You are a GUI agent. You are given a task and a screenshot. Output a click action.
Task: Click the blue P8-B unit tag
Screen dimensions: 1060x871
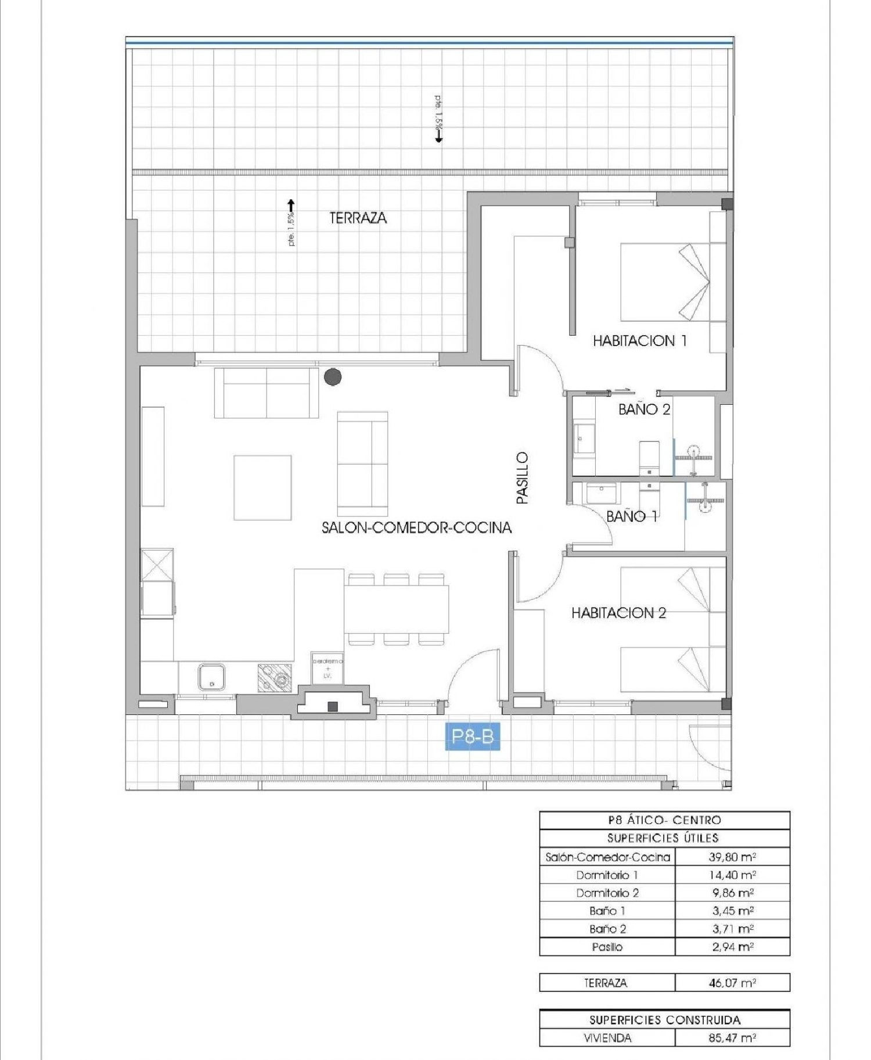tap(472, 736)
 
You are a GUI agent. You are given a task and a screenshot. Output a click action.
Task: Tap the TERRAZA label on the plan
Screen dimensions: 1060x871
tap(358, 218)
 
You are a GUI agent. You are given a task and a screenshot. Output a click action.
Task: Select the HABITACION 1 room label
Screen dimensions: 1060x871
tap(639, 340)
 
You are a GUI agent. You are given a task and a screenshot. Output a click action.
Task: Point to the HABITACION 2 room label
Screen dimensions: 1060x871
tap(618, 612)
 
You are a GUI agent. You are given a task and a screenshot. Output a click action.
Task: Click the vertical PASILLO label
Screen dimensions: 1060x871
tap(523, 477)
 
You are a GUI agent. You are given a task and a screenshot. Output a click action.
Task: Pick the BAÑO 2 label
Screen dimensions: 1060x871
tap(644, 409)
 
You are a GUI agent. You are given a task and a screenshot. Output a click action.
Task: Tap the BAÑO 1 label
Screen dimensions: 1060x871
tap(632, 516)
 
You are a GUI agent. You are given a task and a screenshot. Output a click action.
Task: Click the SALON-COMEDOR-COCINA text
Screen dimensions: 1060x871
tap(416, 527)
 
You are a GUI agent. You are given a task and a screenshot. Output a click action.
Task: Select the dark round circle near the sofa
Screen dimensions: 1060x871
tap(333, 377)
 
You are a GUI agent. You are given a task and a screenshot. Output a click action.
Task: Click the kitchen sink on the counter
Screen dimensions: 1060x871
tap(211, 677)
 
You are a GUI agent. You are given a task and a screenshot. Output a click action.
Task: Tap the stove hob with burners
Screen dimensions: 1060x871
tap(275, 678)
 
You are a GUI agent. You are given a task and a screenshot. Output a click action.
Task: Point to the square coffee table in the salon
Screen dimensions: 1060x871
tap(262, 487)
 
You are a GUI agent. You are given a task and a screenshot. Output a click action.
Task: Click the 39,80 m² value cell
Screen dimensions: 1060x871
tap(732, 857)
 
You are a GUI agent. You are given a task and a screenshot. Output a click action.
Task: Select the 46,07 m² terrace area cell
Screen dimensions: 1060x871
tap(732, 983)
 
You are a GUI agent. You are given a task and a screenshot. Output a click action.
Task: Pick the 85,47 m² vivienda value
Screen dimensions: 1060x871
tap(732, 1038)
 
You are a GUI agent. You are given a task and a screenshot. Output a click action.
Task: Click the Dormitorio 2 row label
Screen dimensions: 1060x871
tap(607, 893)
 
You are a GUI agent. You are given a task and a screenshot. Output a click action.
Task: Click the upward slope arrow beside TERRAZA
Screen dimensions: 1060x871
tap(291, 205)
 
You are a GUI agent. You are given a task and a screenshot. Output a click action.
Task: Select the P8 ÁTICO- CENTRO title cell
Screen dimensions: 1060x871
tap(664, 820)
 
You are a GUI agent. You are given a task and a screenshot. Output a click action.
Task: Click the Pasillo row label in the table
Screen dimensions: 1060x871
tap(607, 947)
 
